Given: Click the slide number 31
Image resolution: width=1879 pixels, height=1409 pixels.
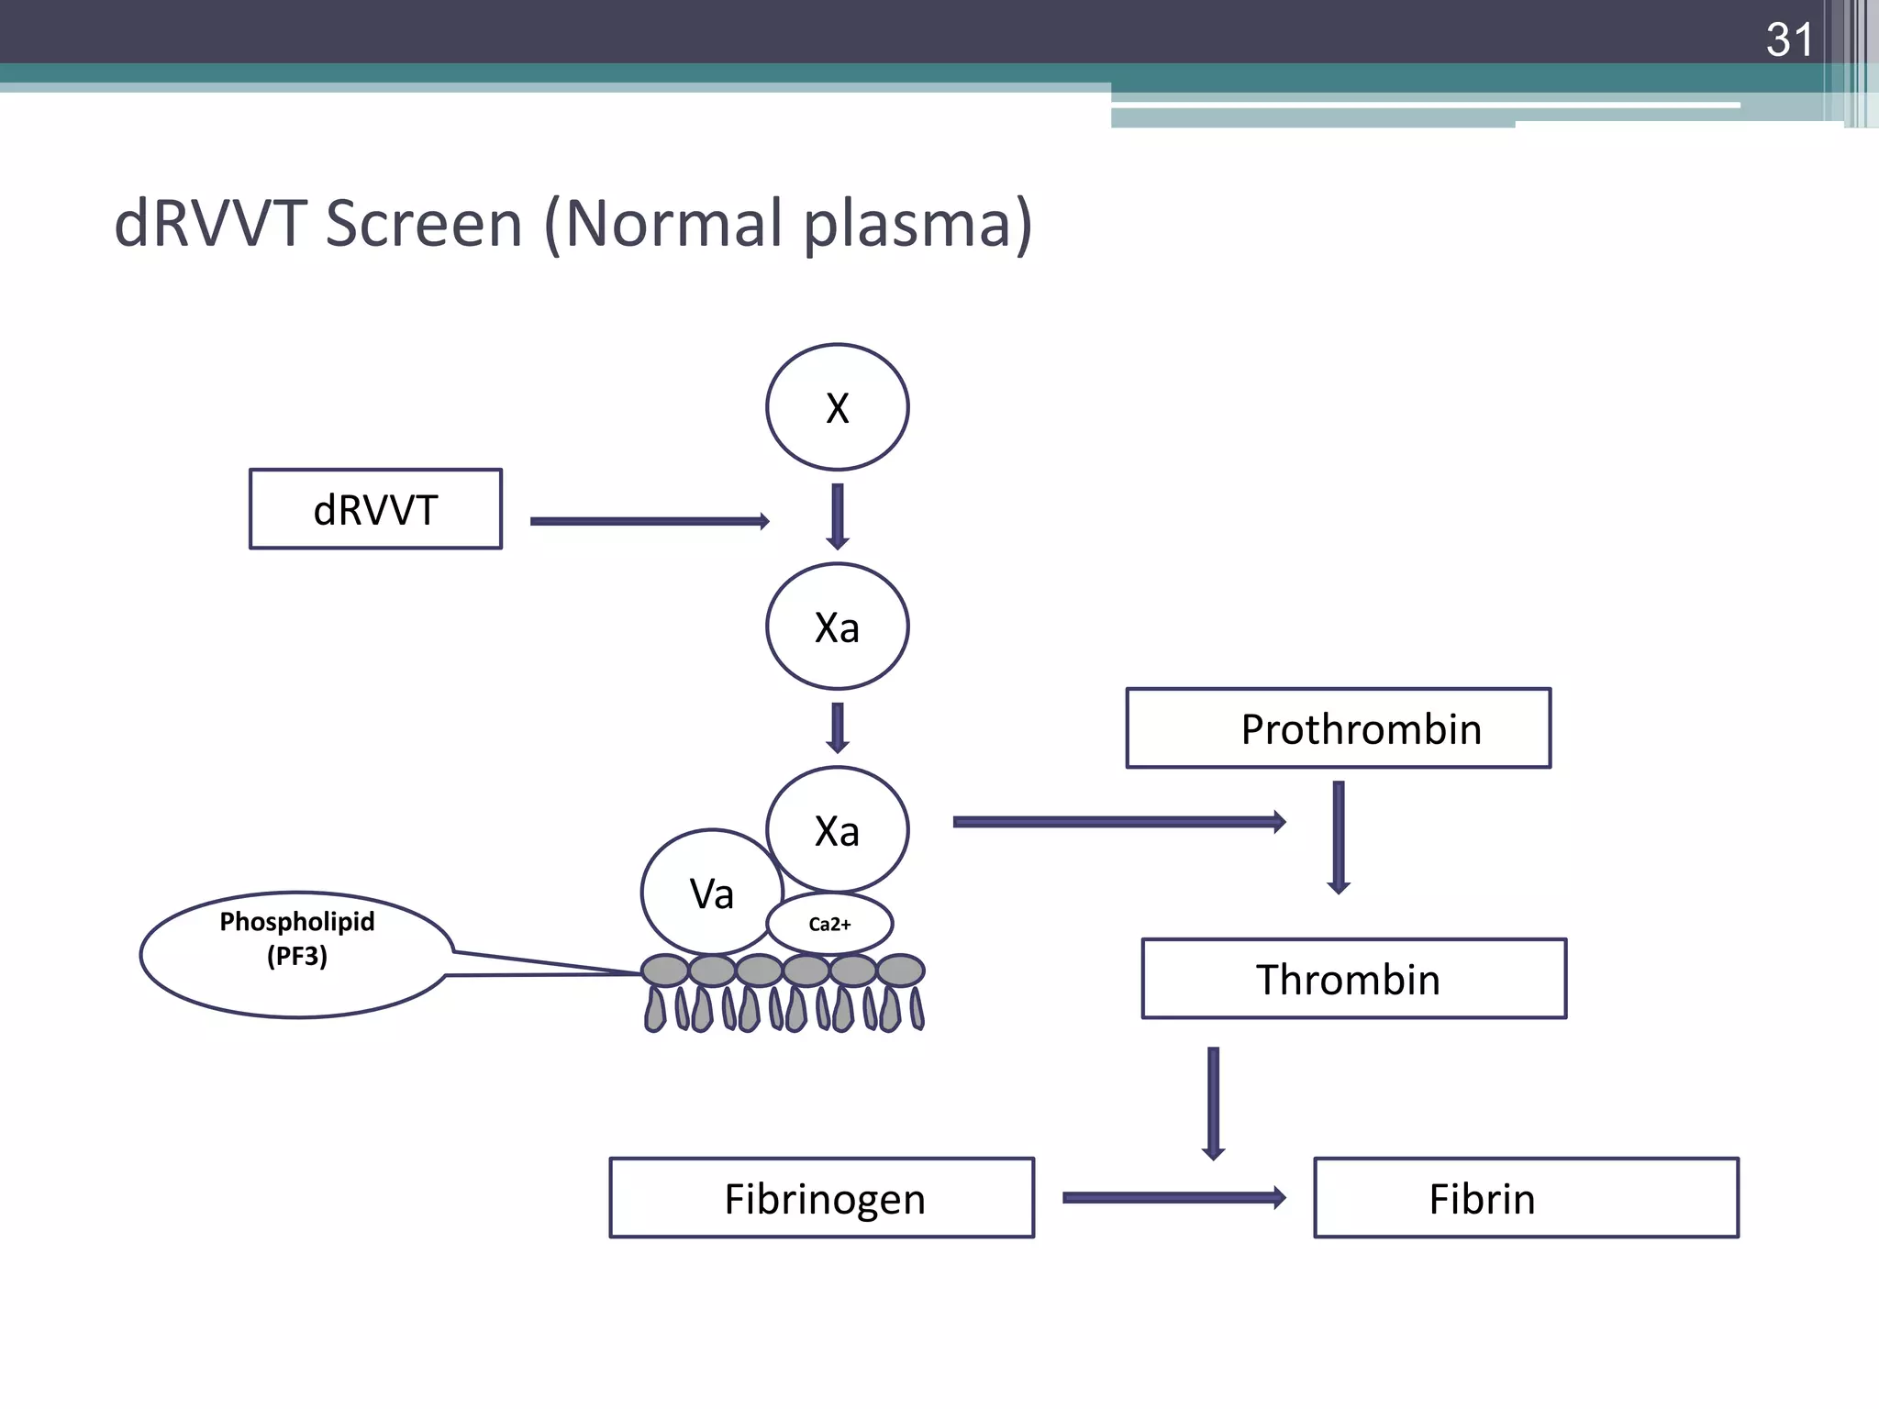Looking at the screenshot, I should pos(1789,40).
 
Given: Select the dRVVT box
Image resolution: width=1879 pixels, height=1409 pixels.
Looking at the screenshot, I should pos(375,509).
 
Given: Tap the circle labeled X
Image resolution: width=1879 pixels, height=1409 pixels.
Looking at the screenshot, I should pos(837,407).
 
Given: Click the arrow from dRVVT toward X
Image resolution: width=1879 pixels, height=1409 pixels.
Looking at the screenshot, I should pos(649,521).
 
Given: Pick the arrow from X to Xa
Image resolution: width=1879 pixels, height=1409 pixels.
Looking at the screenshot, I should pos(837,516).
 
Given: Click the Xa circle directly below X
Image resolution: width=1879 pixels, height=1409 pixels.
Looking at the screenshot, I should pos(837,627).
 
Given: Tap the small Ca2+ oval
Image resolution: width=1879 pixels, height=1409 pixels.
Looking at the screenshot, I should pos(829,924).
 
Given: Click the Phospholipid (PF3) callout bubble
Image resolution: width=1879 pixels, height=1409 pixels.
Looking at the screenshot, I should pos(296,954).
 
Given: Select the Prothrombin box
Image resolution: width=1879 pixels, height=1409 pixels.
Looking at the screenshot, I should pos(1338,728).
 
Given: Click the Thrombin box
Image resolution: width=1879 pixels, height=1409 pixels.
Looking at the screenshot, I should pos(1353,979).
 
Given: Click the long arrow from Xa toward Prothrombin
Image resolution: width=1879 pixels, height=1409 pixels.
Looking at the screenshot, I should pos(1118,821).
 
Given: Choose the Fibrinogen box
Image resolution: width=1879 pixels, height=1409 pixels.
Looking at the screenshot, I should pos(821,1198).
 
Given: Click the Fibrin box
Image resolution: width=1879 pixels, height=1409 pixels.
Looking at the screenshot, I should pos(1525,1198).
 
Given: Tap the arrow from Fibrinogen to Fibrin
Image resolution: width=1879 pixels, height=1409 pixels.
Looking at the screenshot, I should pos(1173,1197).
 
